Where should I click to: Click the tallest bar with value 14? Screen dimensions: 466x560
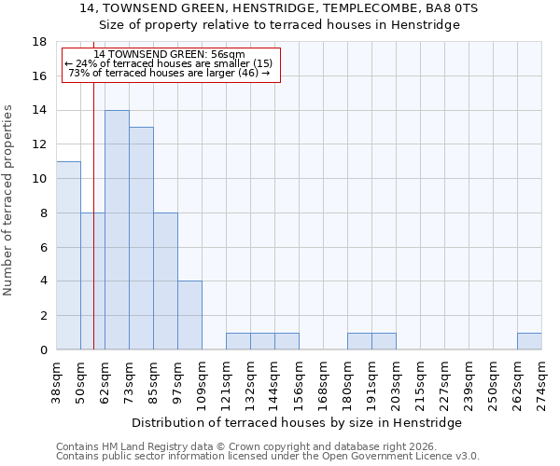[x=117, y=230]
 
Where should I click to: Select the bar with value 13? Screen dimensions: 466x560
[x=141, y=239]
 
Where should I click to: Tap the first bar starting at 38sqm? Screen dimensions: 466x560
[x=68, y=255]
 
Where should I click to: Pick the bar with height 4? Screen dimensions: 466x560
[x=189, y=315]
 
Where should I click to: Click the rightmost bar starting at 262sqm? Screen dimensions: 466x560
[x=529, y=341]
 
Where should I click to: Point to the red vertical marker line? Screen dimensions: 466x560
[x=94, y=233]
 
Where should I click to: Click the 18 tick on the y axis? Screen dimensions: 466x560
[x=40, y=42]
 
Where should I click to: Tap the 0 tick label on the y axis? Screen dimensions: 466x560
[x=43, y=349]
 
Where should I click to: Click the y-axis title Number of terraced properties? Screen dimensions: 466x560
[x=9, y=199]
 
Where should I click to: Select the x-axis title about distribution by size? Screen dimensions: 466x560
[x=303, y=422]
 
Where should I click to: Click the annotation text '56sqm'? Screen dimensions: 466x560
[x=227, y=55]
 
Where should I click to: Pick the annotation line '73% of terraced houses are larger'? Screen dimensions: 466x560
[x=169, y=73]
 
